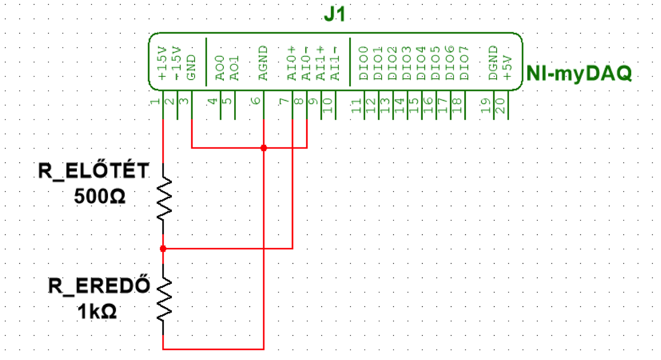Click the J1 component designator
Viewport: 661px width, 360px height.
pyautogui.click(x=334, y=14)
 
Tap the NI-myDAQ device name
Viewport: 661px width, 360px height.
pyautogui.click(x=579, y=73)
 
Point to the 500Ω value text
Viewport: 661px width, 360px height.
pyautogui.click(x=100, y=196)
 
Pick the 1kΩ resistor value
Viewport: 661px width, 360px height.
pyautogui.click(x=97, y=311)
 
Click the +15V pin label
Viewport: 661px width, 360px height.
pyautogui.click(x=162, y=63)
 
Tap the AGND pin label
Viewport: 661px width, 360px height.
pyautogui.click(x=263, y=63)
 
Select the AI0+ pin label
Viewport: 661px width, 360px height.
pyautogui.click(x=292, y=63)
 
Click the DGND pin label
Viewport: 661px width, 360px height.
pyautogui.click(x=493, y=63)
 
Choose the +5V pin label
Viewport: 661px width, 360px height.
pyautogui.click(x=507, y=67)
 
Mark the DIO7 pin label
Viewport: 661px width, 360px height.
pyautogui.click(x=464, y=63)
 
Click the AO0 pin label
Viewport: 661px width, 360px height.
pyautogui.click(x=220, y=68)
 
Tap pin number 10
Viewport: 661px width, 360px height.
pyautogui.click(x=327, y=106)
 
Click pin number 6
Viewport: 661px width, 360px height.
pyautogui.click(x=256, y=101)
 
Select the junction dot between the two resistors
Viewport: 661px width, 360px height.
pyautogui.click(x=163, y=248)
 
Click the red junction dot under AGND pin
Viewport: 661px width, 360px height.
pyautogui.click(x=264, y=148)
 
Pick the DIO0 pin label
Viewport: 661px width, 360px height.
pyautogui.click(x=363, y=63)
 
